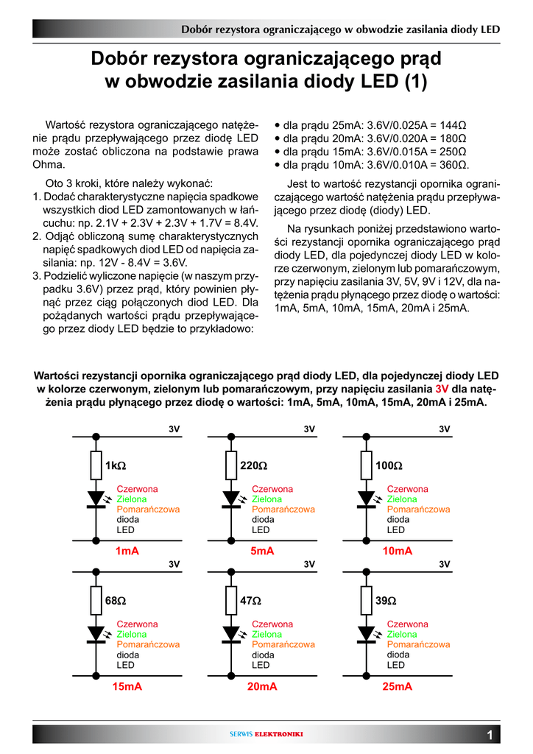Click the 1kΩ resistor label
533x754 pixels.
click(116, 466)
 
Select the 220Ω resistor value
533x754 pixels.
click(253, 466)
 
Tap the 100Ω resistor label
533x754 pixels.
click(389, 466)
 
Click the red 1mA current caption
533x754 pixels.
click(127, 551)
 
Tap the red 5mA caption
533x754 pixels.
click(262, 551)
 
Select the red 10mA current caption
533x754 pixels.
click(398, 551)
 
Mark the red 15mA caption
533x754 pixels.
click(127, 686)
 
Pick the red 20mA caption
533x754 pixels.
click(262, 686)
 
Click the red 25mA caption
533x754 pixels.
click(398, 686)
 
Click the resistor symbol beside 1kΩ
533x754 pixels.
click(96, 465)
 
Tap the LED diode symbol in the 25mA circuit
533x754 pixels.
click(366, 633)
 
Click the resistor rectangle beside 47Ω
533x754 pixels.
click(230, 600)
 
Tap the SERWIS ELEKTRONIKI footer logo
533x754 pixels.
click(266, 734)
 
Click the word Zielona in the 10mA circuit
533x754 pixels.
click(402, 498)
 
